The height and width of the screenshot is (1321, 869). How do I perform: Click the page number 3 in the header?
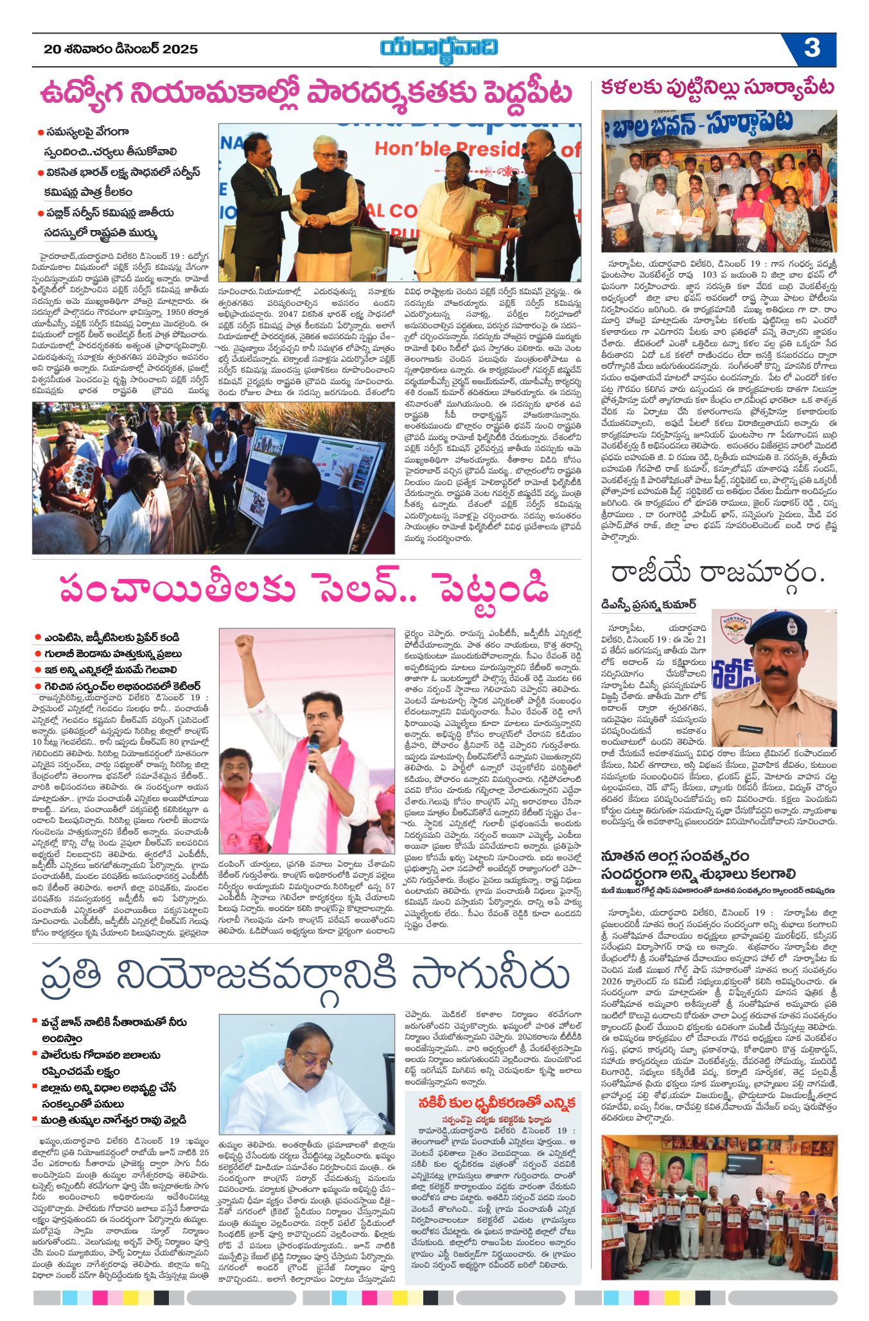tap(812, 49)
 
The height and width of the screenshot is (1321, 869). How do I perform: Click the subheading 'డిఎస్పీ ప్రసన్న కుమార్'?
tap(648, 604)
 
